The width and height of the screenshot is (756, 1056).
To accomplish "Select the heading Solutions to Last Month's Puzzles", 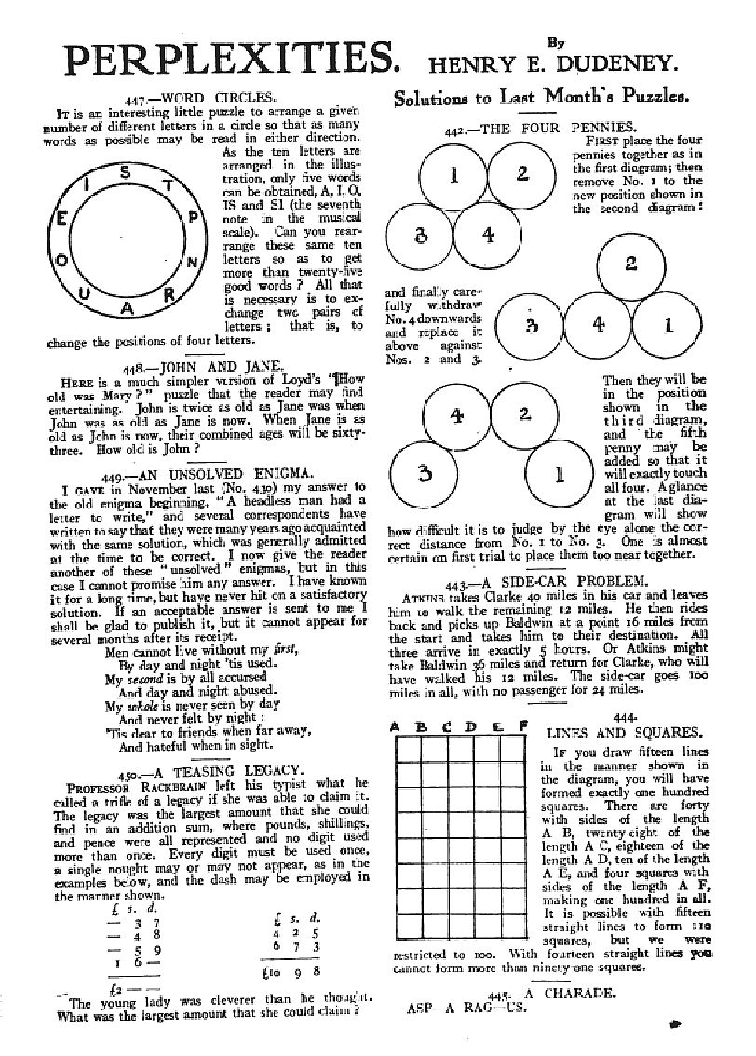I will tap(541, 95).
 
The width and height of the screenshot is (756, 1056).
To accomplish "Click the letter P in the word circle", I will tap(193, 217).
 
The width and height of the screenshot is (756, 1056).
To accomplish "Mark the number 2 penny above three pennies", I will tap(630, 264).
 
